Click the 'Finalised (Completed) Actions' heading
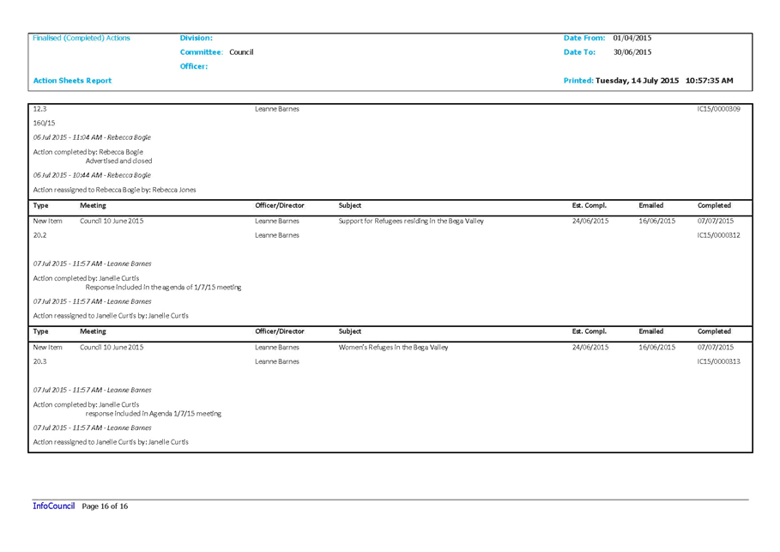tap(81, 38)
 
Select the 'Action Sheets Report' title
tap(72, 81)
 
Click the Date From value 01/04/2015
tap(632, 38)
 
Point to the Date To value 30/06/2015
tap(632, 52)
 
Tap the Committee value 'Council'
tap(241, 52)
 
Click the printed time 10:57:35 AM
tap(709, 81)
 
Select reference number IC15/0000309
tap(718, 109)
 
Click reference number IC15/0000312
tap(718, 235)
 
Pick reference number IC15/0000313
tap(718, 362)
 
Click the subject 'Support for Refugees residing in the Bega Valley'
tap(411, 221)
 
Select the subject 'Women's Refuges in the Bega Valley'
tap(393, 348)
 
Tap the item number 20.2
tap(39, 235)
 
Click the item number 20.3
tap(39, 362)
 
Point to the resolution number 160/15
tap(45, 123)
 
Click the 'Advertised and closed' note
tap(118, 161)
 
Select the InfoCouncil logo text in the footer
tap(54, 507)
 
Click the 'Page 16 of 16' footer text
tap(105, 507)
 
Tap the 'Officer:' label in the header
tap(194, 67)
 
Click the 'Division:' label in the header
tap(196, 38)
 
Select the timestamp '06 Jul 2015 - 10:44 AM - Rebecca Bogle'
tap(92, 175)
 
